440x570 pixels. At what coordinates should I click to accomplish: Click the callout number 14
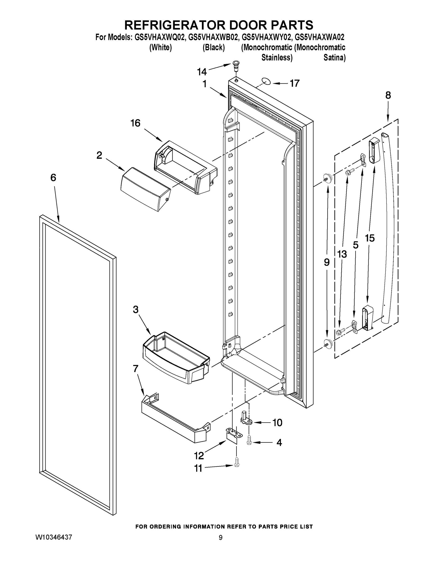tap(202, 71)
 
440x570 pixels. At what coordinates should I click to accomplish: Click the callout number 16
tap(135, 123)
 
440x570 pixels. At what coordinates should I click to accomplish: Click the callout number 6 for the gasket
tap(53, 178)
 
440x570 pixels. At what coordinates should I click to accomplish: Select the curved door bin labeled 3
tap(175, 357)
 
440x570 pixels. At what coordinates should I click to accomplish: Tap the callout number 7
tap(135, 369)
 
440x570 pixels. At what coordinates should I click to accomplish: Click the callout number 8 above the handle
tap(388, 95)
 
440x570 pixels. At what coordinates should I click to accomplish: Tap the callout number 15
tap(370, 238)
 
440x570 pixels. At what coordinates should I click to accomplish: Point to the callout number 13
tap(342, 254)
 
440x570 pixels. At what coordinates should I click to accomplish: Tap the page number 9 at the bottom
tap(221, 538)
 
